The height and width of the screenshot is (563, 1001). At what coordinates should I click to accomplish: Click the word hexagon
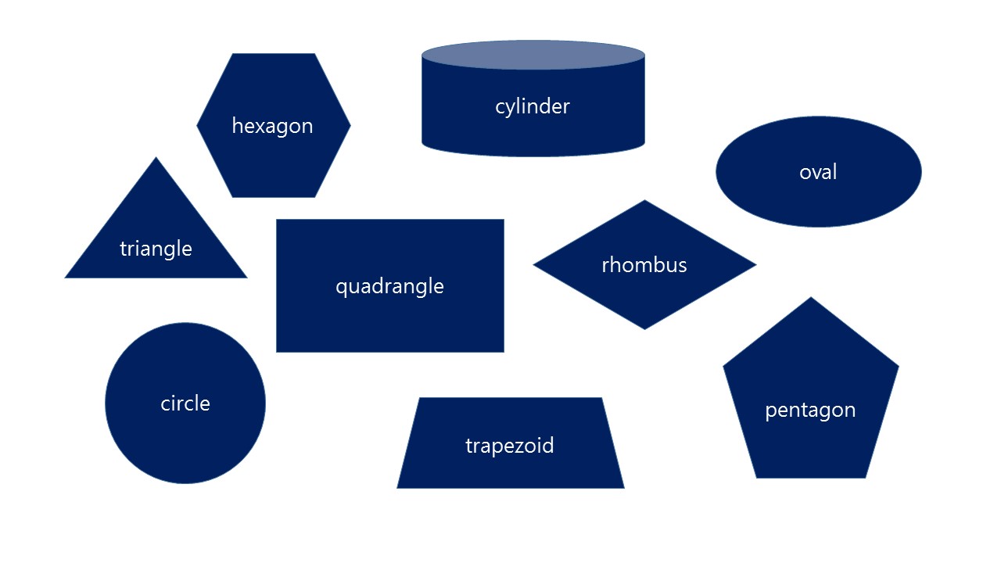272,126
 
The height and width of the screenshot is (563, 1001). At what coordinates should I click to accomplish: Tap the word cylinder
533,106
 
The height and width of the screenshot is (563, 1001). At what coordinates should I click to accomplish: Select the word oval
818,172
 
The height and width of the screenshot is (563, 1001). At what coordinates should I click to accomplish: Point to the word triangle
156,249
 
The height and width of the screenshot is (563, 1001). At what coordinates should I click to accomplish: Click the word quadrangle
389,286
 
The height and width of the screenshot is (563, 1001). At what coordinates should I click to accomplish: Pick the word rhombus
644,265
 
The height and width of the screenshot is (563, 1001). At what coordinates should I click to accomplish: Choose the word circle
185,403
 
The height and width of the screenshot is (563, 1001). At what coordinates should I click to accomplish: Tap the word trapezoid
510,446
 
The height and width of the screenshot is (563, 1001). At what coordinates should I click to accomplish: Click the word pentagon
810,410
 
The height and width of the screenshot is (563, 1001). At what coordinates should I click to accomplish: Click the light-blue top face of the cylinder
533,56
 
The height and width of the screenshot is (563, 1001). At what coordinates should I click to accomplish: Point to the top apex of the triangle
156,158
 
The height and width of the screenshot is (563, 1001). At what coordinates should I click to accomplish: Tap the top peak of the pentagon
811,298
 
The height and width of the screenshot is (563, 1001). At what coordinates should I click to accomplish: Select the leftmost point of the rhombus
534,265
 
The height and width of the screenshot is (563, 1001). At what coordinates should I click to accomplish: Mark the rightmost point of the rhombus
755,265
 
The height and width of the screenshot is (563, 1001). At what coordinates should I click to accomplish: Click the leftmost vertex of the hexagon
197,125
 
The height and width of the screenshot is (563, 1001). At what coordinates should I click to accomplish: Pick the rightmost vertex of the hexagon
350,125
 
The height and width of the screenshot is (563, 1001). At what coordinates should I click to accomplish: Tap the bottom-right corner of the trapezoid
623,487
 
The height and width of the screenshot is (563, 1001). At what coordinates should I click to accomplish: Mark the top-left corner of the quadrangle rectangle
277,221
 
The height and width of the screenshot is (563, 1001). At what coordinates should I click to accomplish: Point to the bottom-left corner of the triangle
66,277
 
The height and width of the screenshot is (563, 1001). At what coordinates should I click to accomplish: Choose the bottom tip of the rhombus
644,328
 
